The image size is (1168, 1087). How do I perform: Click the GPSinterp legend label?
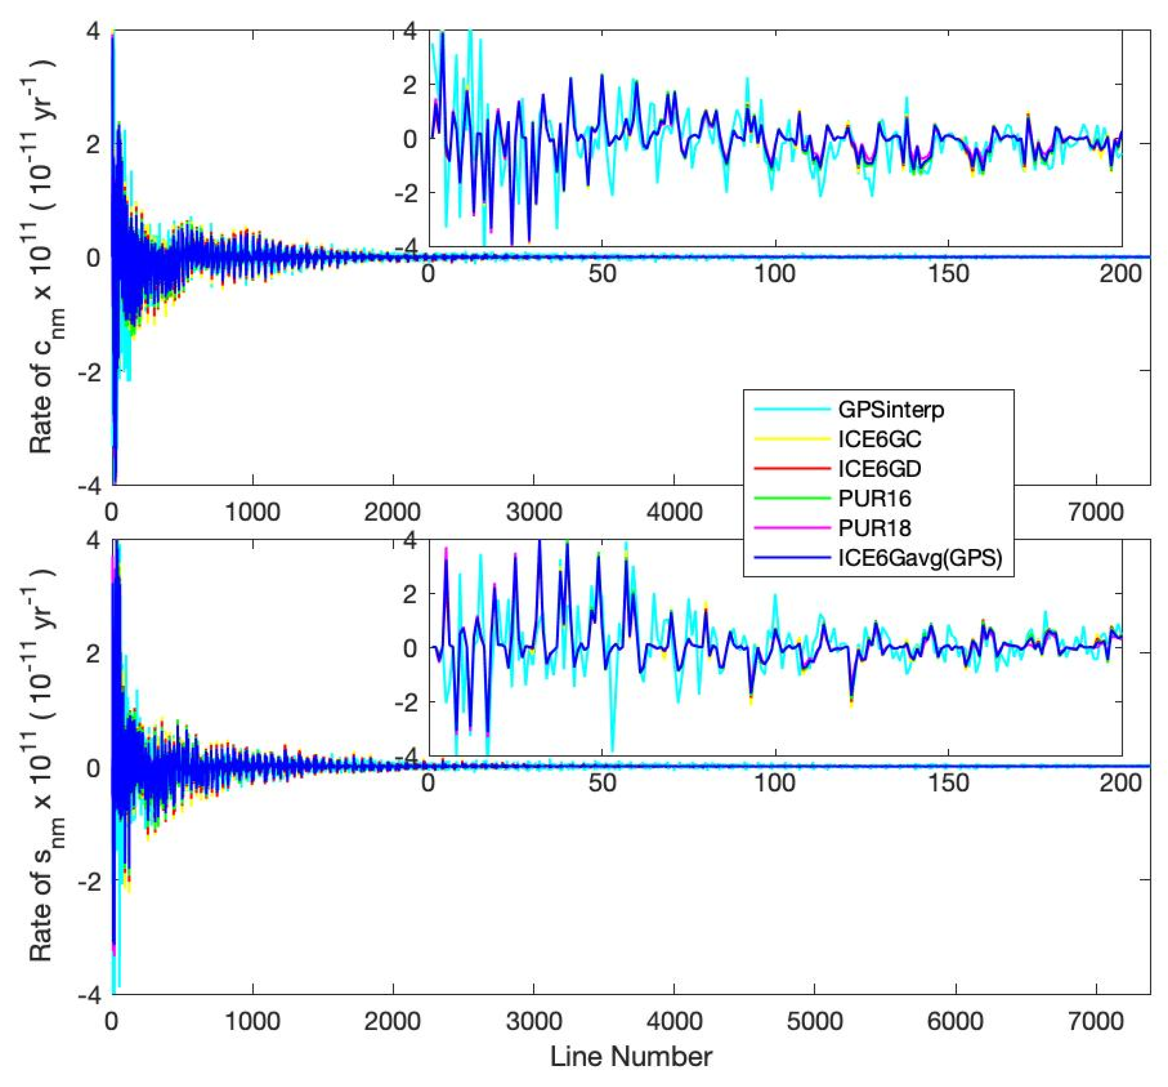(x=891, y=410)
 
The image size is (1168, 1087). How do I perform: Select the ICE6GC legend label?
(x=879, y=439)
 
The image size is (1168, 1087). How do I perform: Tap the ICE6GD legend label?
(x=879, y=468)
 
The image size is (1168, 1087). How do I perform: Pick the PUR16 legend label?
(x=874, y=498)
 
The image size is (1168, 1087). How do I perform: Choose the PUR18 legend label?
(x=874, y=528)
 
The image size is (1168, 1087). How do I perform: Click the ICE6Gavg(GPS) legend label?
(x=920, y=557)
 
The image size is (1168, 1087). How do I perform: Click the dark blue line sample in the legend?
(x=792, y=557)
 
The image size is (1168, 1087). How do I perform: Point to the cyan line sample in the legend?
(x=792, y=410)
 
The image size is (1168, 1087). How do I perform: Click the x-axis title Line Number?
(x=631, y=1056)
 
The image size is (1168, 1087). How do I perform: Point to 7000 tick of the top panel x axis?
(x=1096, y=512)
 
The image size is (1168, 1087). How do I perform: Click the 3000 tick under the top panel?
(x=534, y=512)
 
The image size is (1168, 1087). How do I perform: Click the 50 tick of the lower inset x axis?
(x=602, y=783)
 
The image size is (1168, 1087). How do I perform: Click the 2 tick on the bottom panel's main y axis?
(x=93, y=652)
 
